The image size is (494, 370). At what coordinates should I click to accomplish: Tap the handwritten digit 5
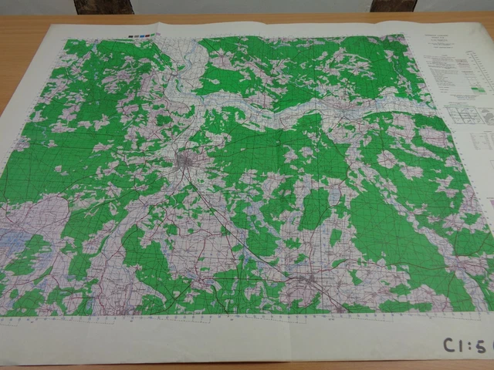click(x=482, y=346)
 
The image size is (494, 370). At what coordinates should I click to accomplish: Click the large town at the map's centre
click(x=187, y=163)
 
